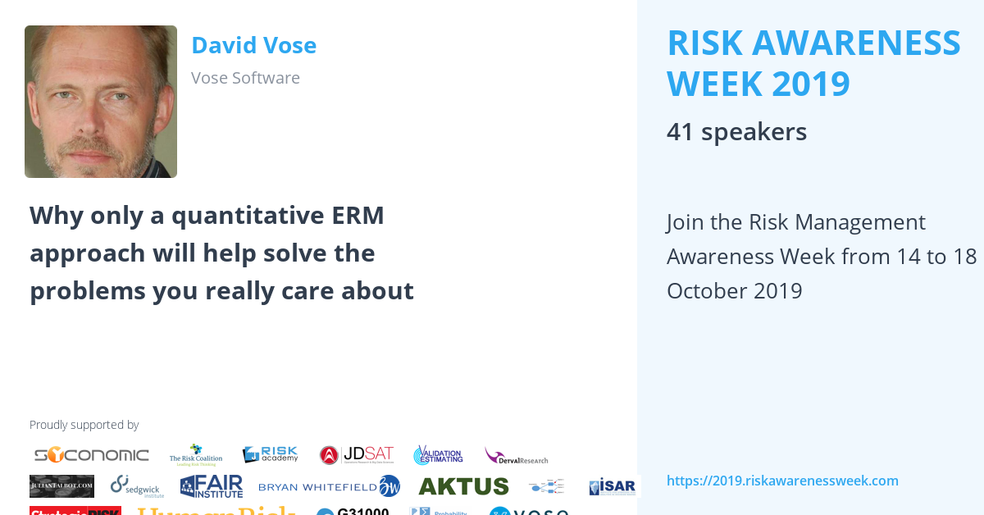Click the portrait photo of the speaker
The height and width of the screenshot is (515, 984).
pyautogui.click(x=101, y=102)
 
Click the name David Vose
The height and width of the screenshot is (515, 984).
pyautogui.click(x=253, y=45)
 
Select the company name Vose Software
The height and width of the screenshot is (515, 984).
pyautogui.click(x=245, y=78)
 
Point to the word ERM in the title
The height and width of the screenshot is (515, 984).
pyautogui.click(x=359, y=216)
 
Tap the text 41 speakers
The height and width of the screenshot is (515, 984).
pyautogui.click(x=736, y=132)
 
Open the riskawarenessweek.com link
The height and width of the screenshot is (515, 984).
pyautogui.click(x=782, y=481)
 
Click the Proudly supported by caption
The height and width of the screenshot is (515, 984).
pyautogui.click(x=84, y=425)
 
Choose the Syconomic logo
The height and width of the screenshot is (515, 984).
pyautogui.click(x=91, y=455)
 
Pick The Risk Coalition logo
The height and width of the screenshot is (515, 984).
pyautogui.click(x=195, y=455)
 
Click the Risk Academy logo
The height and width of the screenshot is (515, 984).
pyautogui.click(x=270, y=455)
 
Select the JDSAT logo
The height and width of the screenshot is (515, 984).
pyautogui.click(x=357, y=455)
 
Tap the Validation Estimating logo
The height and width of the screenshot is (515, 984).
pyautogui.click(x=438, y=455)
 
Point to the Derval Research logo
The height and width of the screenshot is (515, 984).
pyautogui.click(x=516, y=456)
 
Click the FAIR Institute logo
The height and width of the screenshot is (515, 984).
pyautogui.click(x=212, y=486)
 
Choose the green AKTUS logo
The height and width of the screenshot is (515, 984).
pyautogui.click(x=463, y=486)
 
